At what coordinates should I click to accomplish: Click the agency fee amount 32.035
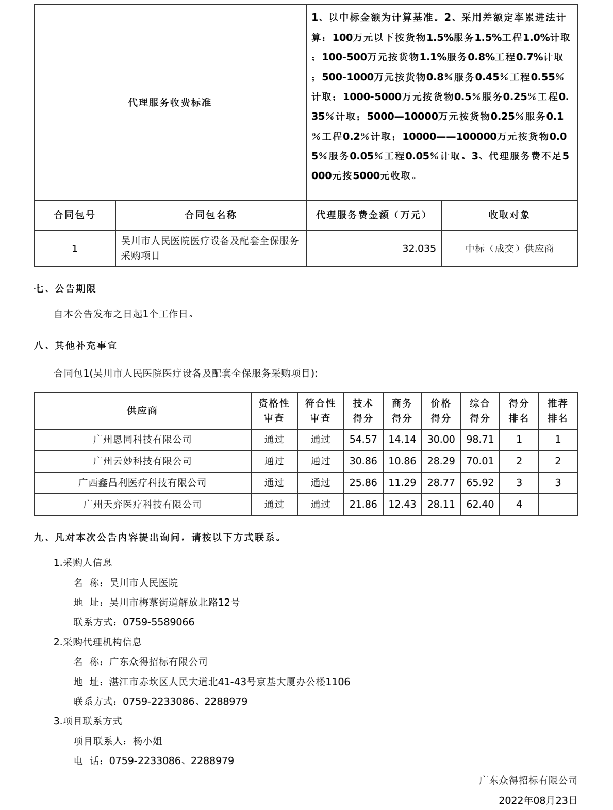tap(419, 249)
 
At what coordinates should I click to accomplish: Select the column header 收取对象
tap(509, 215)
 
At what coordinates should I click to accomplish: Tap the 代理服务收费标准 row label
tap(170, 102)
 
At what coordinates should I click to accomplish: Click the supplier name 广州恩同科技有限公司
tap(142, 440)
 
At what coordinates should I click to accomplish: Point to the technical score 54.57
tap(363, 440)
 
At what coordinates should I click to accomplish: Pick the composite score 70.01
tap(479, 461)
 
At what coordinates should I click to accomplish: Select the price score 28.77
tap(441, 483)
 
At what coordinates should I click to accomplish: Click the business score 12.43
tap(402, 505)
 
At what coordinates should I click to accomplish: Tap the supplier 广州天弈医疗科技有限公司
tap(142, 505)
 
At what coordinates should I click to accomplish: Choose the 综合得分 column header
tap(479, 411)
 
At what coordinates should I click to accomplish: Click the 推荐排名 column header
tap(557, 411)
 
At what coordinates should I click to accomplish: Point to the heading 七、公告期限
tap(65, 289)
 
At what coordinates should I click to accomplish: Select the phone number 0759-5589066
tap(158, 622)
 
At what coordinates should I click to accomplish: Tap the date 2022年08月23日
tap(538, 800)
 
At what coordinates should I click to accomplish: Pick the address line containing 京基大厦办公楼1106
tap(212, 682)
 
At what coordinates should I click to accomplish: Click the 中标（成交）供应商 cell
tap(509, 249)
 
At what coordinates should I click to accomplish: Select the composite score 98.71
tap(479, 440)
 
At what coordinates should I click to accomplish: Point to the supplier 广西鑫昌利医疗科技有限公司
tap(142, 483)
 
